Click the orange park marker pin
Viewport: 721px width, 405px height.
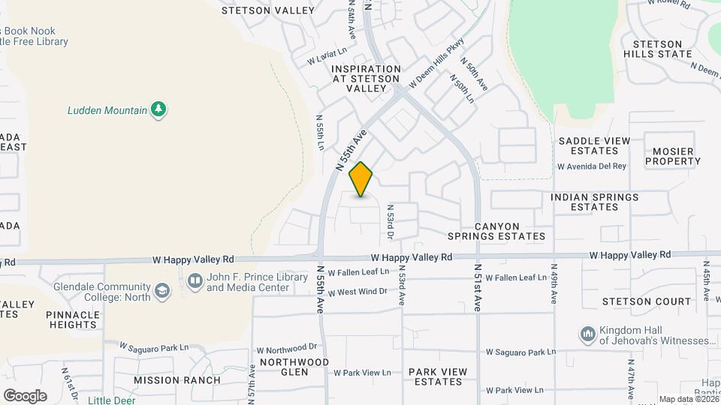[361, 179]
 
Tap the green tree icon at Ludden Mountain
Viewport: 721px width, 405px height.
[158, 110]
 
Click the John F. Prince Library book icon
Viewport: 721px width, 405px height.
[195, 281]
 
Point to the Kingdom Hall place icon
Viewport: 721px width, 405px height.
[587, 333]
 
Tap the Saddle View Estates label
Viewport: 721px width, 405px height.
[594, 141]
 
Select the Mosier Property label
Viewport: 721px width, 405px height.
[673, 156]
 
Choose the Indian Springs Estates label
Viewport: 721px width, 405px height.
[594, 202]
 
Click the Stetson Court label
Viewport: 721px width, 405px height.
[647, 301]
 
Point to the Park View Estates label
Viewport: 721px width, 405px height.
[438, 376]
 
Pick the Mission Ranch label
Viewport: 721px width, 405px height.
[177, 380]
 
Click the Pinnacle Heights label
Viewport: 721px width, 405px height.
[72, 319]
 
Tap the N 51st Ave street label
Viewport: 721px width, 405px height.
[478, 287]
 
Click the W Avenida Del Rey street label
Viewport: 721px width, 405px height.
[591, 166]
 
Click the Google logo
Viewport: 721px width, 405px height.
[25, 396]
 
